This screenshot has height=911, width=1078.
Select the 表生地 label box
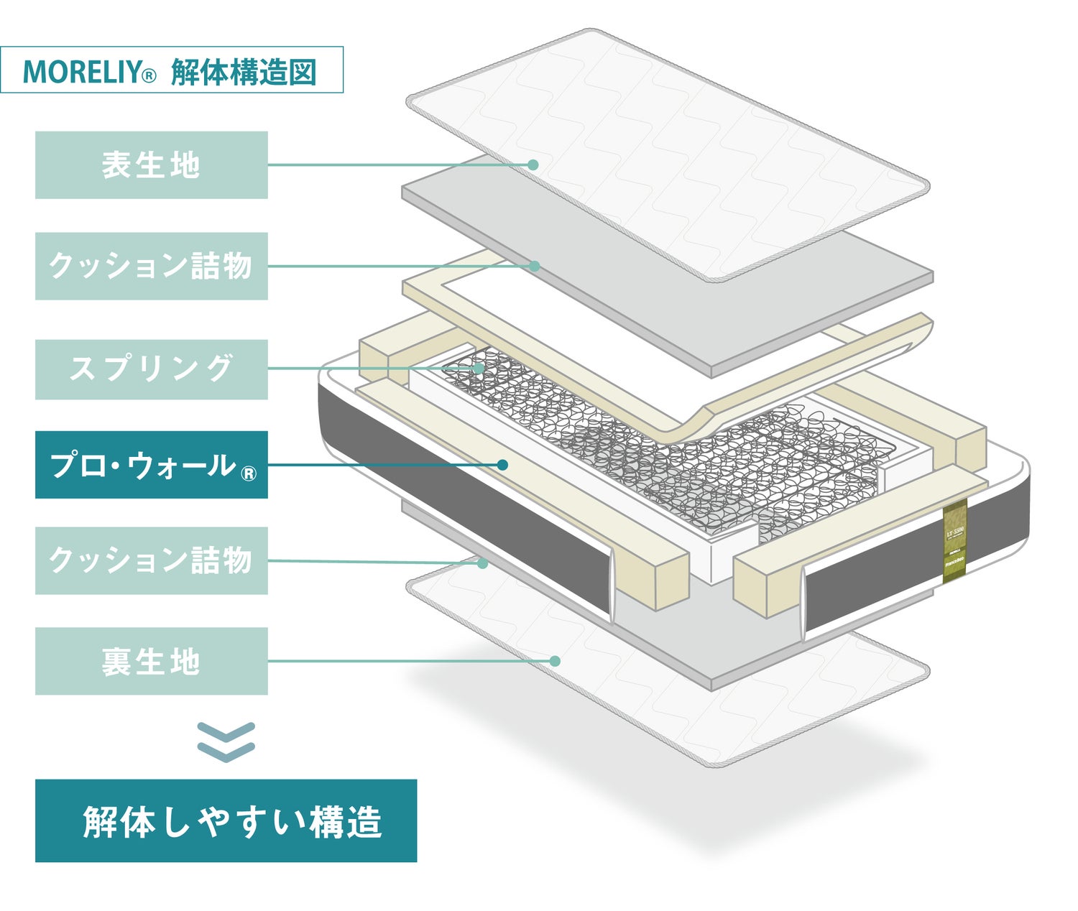(x=151, y=165)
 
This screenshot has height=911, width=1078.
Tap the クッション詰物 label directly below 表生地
(x=151, y=266)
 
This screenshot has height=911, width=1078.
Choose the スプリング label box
(x=151, y=369)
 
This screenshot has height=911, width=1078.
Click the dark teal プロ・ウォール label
(x=151, y=465)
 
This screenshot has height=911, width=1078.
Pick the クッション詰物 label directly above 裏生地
(x=151, y=560)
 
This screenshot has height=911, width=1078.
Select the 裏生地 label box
(x=151, y=661)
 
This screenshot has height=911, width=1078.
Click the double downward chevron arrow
(x=226, y=741)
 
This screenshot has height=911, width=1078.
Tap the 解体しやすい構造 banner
(x=226, y=820)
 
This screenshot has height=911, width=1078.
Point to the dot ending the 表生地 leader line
(x=533, y=165)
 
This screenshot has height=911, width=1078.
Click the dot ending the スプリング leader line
(x=479, y=369)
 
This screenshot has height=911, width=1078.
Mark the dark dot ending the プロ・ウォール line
(x=502, y=465)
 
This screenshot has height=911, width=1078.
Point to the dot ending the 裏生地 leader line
(x=555, y=661)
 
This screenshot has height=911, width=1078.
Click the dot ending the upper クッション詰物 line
(x=534, y=266)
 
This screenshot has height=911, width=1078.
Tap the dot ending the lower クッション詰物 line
(x=483, y=563)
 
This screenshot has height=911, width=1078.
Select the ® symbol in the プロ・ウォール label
(x=247, y=473)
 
